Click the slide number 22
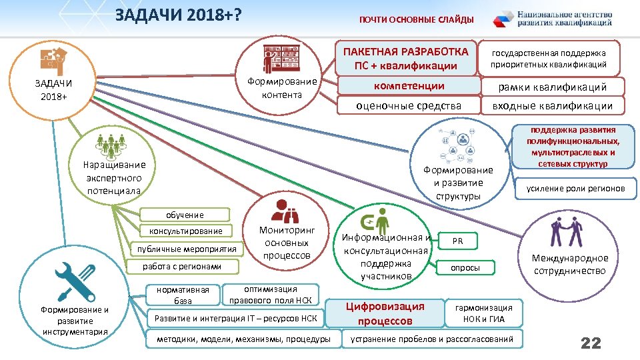[591, 343]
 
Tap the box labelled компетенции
[409, 87]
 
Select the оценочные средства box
[409, 105]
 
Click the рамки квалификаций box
[553, 87]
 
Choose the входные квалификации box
[553, 105]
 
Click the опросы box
[465, 267]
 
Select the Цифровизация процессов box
[393, 313]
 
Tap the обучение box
[185, 215]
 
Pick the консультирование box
[186, 231]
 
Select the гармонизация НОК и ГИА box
[483, 313]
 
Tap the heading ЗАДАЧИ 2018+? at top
[177, 15]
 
